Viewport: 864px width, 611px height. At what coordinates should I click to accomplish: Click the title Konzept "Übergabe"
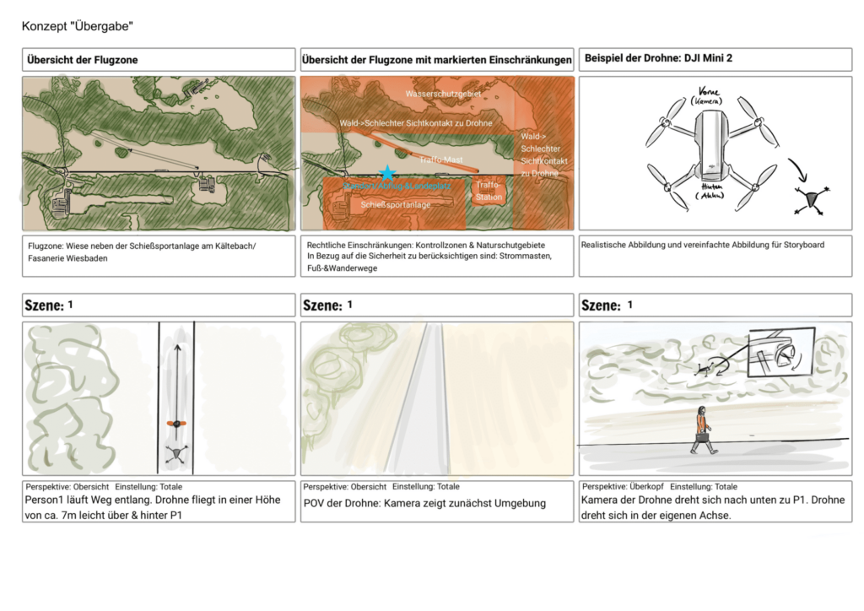click(77, 27)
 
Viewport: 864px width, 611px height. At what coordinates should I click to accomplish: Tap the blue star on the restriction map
click(386, 172)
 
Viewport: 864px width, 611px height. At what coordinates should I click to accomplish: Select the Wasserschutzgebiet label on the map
click(443, 94)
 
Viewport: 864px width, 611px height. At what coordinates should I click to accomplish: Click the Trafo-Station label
click(489, 191)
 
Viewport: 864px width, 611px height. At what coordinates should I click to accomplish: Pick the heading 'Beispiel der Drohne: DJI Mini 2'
click(659, 58)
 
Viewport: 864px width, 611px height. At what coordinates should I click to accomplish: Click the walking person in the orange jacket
click(702, 429)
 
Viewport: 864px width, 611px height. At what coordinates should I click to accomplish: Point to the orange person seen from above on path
click(175, 423)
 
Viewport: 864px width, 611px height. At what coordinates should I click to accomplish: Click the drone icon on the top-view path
click(175, 454)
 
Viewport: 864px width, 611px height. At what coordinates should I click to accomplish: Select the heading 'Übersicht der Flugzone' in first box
click(82, 60)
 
